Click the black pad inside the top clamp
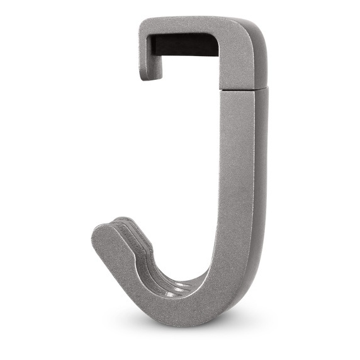pyautogui.click(x=183, y=45)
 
